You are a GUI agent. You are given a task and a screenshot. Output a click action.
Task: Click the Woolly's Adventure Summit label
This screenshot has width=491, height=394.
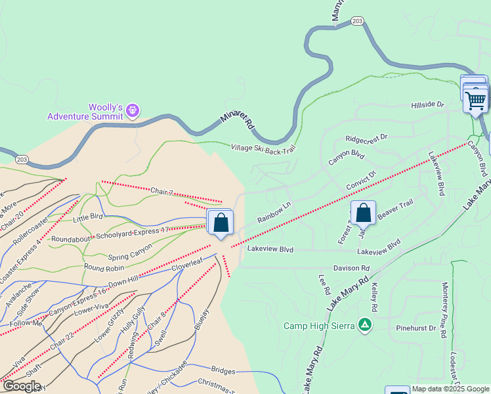click(85, 112)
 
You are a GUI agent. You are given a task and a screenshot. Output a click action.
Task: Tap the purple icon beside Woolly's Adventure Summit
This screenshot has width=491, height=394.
click(133, 110)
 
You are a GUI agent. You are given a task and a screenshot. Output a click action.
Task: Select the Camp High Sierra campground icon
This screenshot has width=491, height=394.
click(365, 325)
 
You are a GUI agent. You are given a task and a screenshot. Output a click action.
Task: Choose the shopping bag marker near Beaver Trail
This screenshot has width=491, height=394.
click(363, 213)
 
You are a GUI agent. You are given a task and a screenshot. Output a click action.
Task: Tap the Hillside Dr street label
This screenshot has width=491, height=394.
click(427, 105)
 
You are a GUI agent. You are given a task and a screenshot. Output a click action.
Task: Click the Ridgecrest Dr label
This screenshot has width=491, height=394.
click(367, 139)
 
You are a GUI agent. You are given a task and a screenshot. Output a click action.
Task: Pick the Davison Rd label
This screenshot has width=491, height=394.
click(351, 269)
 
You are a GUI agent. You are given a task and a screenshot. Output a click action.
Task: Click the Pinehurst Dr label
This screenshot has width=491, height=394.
click(416, 327)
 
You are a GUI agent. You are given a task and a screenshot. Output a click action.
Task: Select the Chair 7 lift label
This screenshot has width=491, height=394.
click(161, 191)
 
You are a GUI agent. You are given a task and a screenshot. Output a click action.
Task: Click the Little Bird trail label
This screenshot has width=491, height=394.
click(88, 217)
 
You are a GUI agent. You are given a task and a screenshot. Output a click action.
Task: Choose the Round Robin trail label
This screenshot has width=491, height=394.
click(104, 267)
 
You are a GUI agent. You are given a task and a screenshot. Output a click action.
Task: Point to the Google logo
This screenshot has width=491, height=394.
click(21, 387)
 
